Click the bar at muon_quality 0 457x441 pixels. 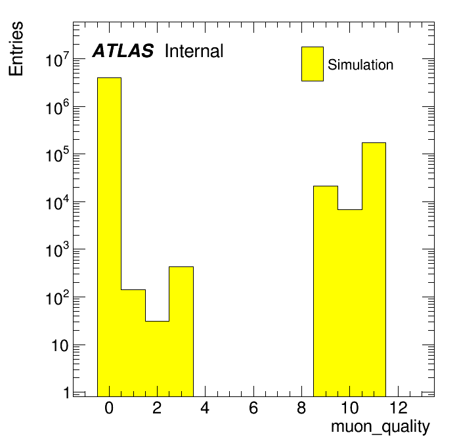[x=109, y=236]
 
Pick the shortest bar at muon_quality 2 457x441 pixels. [x=157, y=358]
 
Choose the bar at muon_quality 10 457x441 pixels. [x=349, y=303]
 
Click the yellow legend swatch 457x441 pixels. [x=312, y=64]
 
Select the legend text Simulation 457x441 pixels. [x=360, y=65]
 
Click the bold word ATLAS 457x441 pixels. [x=123, y=51]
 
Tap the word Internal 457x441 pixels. [x=194, y=51]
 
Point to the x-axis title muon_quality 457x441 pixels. [x=380, y=427]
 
